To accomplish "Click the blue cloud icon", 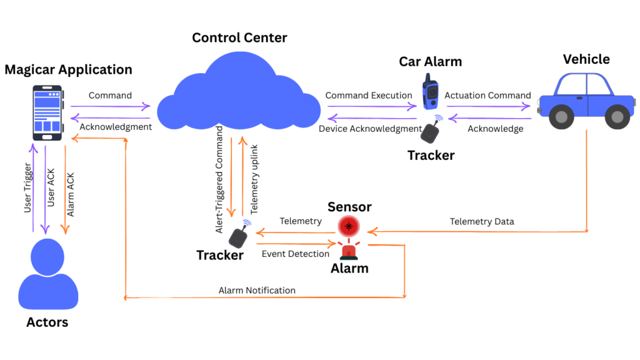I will [239, 94].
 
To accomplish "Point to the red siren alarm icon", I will [349, 250].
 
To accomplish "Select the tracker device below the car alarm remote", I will [429, 132].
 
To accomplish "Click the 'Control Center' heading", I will [239, 37].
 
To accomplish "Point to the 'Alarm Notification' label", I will [257, 291].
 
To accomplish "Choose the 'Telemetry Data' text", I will [482, 222].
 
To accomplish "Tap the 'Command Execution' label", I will [369, 96].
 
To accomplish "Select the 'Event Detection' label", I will [295, 254].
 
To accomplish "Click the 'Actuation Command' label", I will [487, 96].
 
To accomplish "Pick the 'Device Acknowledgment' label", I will [370, 129].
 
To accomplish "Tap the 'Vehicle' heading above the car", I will [586, 59].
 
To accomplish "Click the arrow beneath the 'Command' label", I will [111, 106].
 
